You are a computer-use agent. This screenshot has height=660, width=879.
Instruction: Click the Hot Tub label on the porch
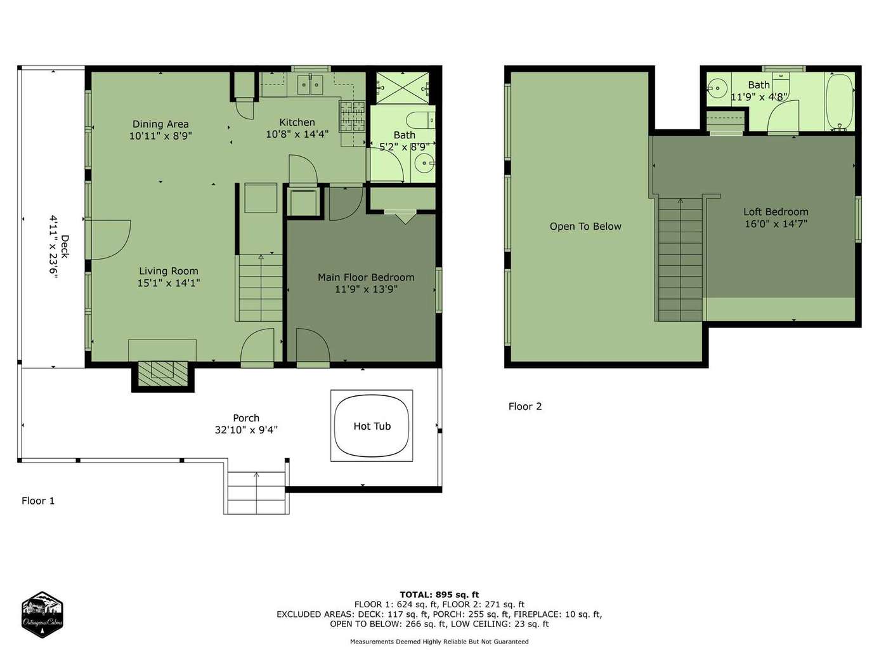pyautogui.click(x=372, y=426)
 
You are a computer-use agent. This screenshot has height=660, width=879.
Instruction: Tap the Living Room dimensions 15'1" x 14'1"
pyautogui.click(x=169, y=283)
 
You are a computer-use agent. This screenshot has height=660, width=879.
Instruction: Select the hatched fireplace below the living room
pyautogui.click(x=163, y=374)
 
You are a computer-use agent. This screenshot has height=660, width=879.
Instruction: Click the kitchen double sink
pyautogui.click(x=310, y=84)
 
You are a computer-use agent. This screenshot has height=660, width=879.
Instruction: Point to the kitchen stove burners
pyautogui.click(x=353, y=116)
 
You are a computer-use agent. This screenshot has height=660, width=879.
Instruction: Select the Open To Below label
pyautogui.click(x=585, y=227)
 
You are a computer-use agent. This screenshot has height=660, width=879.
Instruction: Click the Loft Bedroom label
pyautogui.click(x=776, y=211)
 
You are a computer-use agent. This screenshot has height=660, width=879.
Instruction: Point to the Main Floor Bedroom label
pyautogui.click(x=366, y=277)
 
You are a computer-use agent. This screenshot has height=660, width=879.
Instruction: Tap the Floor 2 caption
pyautogui.click(x=525, y=406)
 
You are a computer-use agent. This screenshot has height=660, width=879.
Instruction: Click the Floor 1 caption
pyautogui.click(x=38, y=501)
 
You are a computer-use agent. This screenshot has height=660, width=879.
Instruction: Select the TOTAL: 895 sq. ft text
pyautogui.click(x=439, y=595)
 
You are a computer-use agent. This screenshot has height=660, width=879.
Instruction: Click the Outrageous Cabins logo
pyautogui.click(x=42, y=614)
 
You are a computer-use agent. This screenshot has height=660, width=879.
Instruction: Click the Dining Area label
pyautogui.click(x=160, y=124)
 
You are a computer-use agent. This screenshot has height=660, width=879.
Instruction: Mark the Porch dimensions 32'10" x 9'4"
pyautogui.click(x=246, y=430)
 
